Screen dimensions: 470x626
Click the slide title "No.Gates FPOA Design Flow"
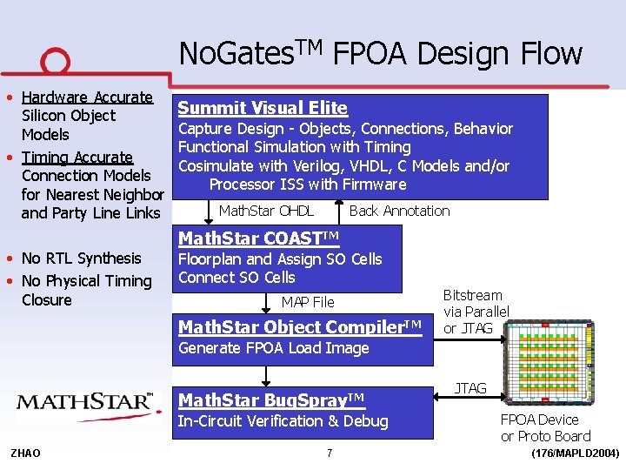point(380,53)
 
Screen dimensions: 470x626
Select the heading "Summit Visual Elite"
point(263,108)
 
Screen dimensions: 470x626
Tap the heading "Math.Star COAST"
point(258,238)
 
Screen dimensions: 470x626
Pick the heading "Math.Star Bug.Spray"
point(271,399)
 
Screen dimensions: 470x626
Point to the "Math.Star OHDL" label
point(266,211)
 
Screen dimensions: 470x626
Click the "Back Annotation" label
point(399,211)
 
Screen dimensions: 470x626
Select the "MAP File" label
point(307,302)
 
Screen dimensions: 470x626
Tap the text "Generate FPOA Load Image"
point(273,348)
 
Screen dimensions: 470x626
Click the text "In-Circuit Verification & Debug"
point(283,421)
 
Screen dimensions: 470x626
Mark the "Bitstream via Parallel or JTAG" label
point(476,312)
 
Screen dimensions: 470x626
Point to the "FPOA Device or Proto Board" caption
point(544,427)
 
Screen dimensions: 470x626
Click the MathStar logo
point(84,402)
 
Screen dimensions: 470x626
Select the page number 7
point(330,453)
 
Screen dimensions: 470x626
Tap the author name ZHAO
point(25,453)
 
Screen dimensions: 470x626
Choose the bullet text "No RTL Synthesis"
point(81,258)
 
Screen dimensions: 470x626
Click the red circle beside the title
point(54,62)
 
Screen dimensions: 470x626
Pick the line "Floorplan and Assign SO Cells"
point(279,259)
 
